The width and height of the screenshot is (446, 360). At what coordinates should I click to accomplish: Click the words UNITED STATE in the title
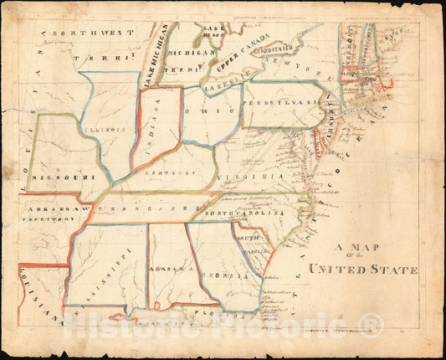363,270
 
